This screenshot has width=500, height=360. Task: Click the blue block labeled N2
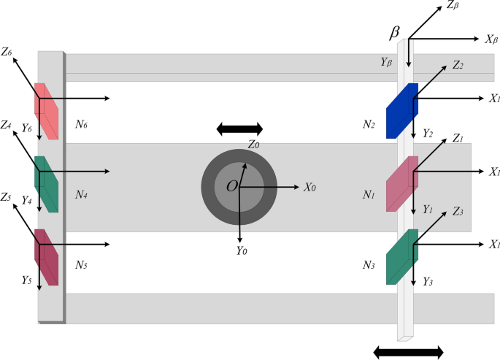click(401, 110)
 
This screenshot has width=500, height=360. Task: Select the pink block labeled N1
click(401, 183)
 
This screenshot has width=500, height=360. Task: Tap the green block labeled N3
click(401, 256)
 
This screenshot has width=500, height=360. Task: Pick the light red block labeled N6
click(46, 111)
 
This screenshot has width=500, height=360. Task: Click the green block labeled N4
click(46, 184)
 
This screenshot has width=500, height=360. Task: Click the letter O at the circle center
click(231, 187)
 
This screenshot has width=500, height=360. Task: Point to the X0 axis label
click(309, 187)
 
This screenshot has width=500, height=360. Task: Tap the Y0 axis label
click(242, 250)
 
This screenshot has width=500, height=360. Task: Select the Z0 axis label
click(253, 145)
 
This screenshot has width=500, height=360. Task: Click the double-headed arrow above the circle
click(239, 129)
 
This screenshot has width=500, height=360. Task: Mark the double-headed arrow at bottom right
click(407, 352)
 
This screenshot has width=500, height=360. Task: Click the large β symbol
click(394, 33)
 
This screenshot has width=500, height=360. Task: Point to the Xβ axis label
click(491, 39)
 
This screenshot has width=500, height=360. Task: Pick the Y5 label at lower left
click(26, 280)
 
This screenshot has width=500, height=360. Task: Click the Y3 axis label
click(428, 280)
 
